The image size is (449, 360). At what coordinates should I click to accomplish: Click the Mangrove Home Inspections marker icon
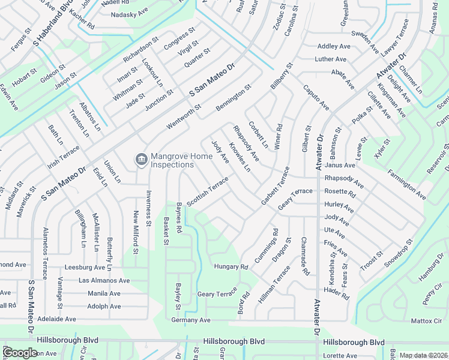click(141, 159)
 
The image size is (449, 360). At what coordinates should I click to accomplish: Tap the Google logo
click(20, 353)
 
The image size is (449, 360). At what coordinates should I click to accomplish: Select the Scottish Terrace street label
click(208, 191)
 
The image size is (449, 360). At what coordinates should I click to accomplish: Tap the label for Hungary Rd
click(231, 266)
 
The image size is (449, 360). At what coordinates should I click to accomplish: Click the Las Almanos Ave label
click(104, 280)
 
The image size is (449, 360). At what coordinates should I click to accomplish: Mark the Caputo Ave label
click(316, 97)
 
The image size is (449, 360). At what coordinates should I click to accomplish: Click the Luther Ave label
click(331, 59)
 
